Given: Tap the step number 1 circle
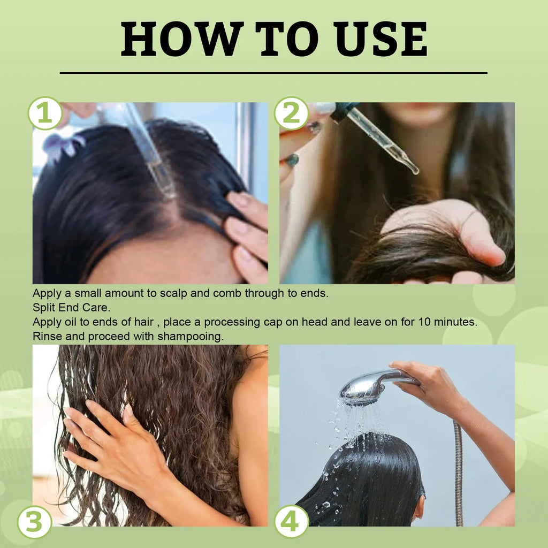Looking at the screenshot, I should point(45,113).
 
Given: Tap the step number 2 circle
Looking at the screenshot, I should point(291,113).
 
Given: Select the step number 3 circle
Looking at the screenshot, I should point(34,522).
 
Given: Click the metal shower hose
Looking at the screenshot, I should point(458,471).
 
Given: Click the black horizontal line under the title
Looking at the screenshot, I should point(273,73).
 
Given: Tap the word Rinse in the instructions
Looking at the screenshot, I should point(46,337).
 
